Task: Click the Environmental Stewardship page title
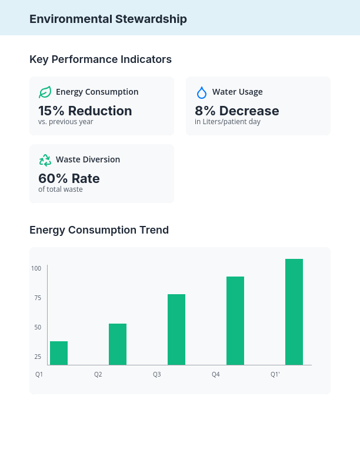[x=108, y=19]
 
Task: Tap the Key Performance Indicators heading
[x=101, y=59]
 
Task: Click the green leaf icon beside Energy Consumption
[x=45, y=92]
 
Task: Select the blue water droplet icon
[x=201, y=92]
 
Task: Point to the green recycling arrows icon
[x=45, y=160]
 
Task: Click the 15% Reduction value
[x=85, y=111]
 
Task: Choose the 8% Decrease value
[x=236, y=111]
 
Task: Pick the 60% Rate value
[x=69, y=178]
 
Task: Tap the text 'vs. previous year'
[x=65, y=122]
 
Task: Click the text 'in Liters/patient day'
[x=227, y=122]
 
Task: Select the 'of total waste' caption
[x=60, y=189]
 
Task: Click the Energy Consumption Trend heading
[x=99, y=230]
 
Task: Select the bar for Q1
[x=59, y=353]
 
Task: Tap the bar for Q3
[x=176, y=329]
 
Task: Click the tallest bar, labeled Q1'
[x=294, y=312]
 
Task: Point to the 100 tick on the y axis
[x=36, y=268]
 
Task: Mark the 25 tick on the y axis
[x=38, y=357]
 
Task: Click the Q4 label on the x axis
[x=216, y=374]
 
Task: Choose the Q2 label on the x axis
[x=98, y=374]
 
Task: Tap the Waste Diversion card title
[x=88, y=159]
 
